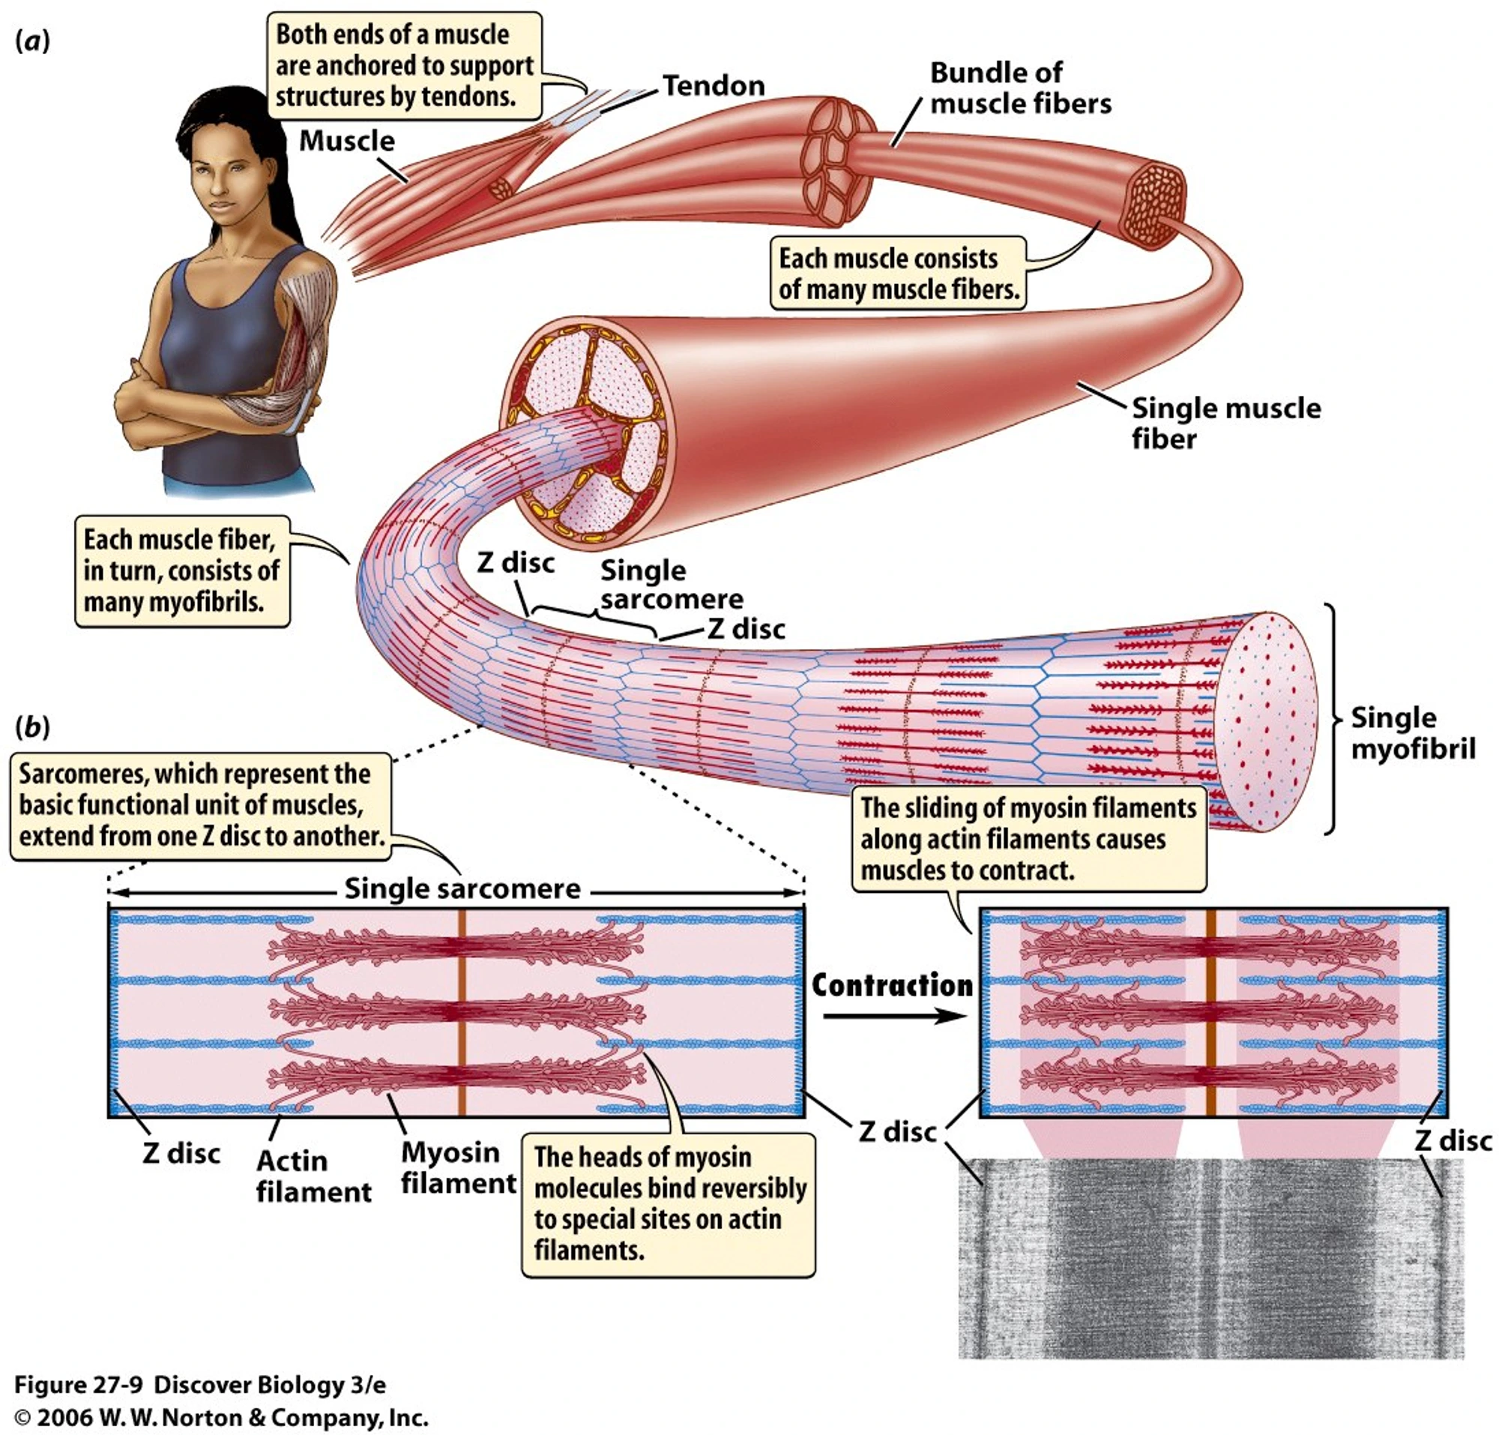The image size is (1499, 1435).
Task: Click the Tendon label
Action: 713,85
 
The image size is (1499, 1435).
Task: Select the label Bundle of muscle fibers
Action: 1019,88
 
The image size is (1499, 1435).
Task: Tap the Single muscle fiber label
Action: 1225,423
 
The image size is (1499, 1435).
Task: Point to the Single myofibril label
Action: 1412,732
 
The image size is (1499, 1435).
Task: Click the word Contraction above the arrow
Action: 892,985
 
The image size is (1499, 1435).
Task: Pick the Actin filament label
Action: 313,1176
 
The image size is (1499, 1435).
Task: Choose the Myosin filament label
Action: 458,1167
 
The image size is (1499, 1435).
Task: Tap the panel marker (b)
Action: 32,726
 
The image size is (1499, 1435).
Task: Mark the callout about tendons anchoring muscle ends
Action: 404,66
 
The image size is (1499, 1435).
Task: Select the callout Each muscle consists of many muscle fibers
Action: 898,274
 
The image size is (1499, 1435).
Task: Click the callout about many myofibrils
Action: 181,571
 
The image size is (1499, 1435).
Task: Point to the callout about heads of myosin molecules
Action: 668,1204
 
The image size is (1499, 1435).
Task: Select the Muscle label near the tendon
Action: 346,141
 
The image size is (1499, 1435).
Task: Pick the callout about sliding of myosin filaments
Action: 1028,839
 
